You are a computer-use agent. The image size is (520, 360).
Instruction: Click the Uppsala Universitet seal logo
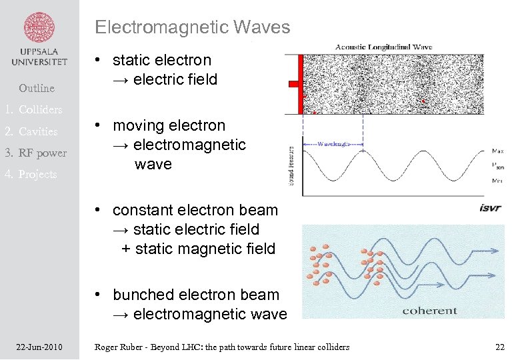(39, 27)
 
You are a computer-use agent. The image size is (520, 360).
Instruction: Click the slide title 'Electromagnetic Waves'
(192, 27)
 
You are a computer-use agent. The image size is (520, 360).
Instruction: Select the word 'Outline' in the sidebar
(37, 88)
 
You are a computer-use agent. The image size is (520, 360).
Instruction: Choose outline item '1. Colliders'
(33, 109)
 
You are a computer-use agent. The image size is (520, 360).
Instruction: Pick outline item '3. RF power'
(35, 153)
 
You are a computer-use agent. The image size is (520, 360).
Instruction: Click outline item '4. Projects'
(31, 174)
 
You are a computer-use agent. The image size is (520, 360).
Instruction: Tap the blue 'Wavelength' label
(333, 143)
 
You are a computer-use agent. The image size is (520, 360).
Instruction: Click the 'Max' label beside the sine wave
(497, 151)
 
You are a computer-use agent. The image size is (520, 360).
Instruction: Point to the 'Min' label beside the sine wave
(497, 181)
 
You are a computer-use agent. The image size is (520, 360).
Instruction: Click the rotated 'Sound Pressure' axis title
(291, 165)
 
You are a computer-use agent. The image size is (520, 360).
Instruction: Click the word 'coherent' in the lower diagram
(429, 310)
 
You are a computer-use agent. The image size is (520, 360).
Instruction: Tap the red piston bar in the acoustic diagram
(301, 83)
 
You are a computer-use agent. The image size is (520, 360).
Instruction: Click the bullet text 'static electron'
(161, 61)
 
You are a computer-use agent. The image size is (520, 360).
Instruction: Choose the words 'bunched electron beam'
(195, 295)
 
